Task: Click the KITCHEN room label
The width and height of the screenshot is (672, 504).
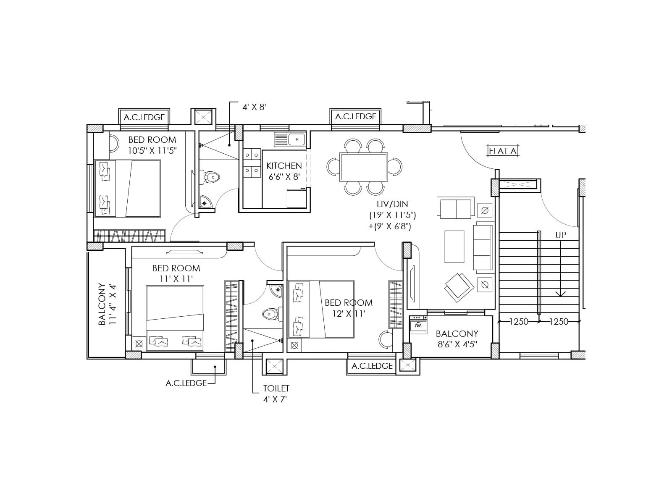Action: (284, 166)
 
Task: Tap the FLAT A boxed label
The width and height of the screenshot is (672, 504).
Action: (502, 151)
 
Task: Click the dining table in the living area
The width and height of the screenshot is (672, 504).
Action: (364, 167)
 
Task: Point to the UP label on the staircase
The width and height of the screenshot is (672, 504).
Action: (561, 235)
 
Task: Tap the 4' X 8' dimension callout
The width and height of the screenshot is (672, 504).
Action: (254, 107)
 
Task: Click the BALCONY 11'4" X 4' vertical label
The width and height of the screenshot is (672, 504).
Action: (107, 304)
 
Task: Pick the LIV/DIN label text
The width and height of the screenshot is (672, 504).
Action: (392, 205)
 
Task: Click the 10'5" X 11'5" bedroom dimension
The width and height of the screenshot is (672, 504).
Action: (152, 151)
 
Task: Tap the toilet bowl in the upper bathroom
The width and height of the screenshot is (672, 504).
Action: (212, 177)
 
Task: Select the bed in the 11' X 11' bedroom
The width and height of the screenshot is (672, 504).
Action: (175, 318)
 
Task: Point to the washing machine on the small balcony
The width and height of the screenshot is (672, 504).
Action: (418, 325)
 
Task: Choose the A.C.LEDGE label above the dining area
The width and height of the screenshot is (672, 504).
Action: (356, 117)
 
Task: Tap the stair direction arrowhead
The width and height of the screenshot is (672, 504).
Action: (561, 294)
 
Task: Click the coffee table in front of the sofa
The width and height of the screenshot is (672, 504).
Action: (454, 247)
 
